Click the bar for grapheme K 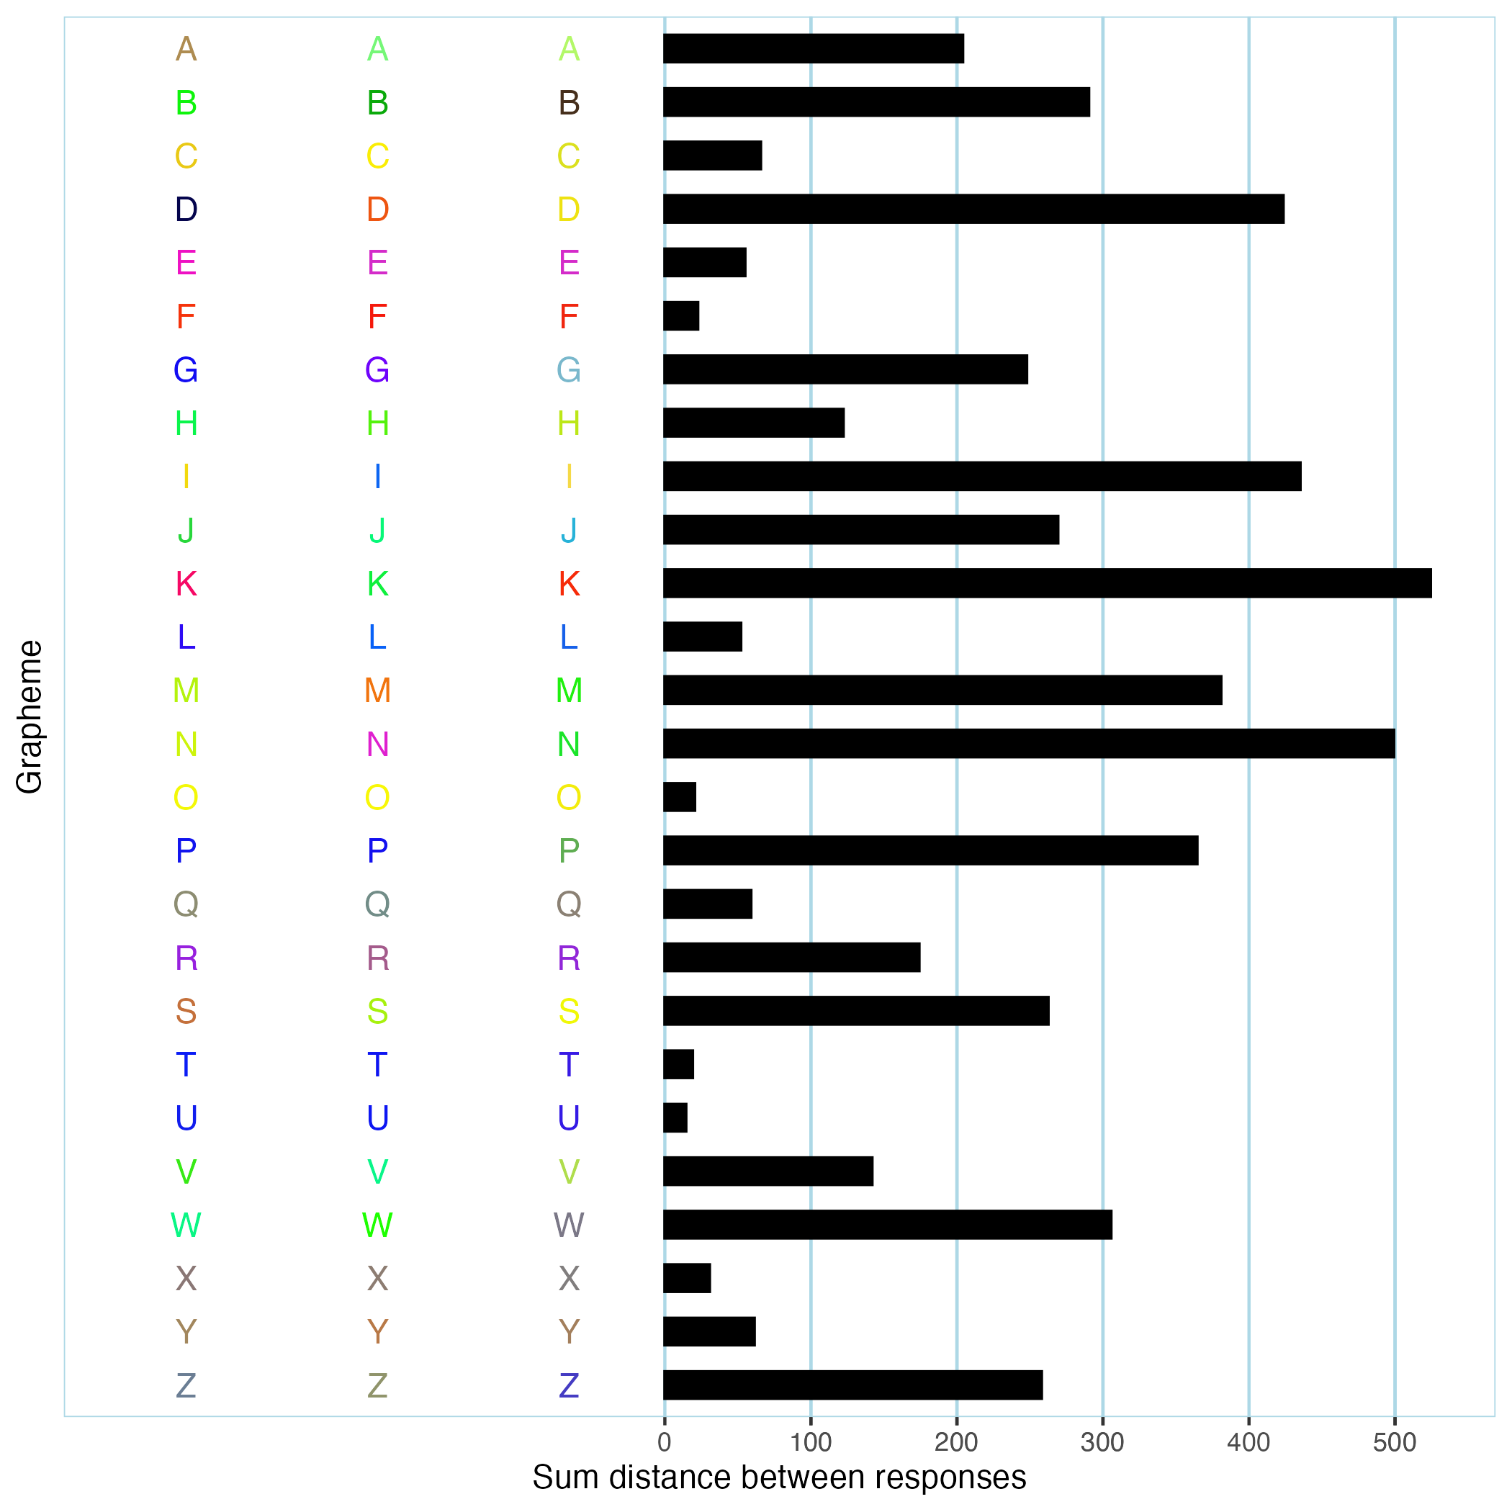[1047, 583]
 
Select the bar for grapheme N [1028, 744]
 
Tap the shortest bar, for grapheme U [675, 1117]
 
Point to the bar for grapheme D [973, 209]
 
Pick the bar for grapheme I [982, 476]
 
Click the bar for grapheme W [888, 1225]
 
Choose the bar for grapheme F [681, 316]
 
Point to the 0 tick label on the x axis [665, 1442]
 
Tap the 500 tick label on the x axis [1395, 1442]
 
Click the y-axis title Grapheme [30, 717]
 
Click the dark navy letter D [186, 209]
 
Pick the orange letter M [377, 690]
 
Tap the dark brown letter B [569, 102]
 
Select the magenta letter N [377, 744]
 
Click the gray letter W [569, 1225]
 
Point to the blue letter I [377, 476]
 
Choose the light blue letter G [569, 369]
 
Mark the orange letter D [377, 209]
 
